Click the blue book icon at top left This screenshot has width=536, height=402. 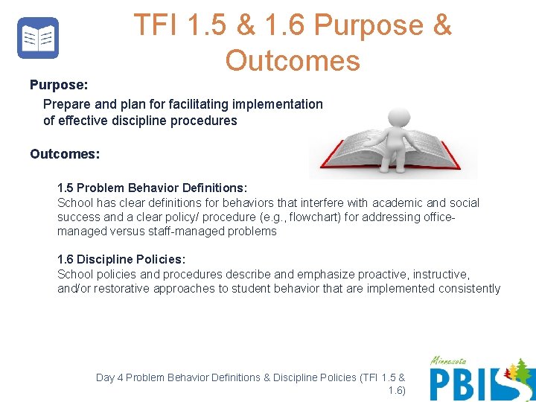click(x=38, y=38)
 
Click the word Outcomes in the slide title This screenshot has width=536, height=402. click(x=293, y=60)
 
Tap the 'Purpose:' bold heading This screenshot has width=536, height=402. click(x=59, y=86)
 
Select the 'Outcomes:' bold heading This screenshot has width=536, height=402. click(x=65, y=154)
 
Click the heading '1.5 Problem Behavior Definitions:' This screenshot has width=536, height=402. click(x=153, y=188)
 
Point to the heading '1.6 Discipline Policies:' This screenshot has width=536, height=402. click(x=121, y=259)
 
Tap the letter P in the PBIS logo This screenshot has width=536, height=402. click(x=442, y=384)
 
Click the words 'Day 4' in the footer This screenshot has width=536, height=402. click(x=109, y=377)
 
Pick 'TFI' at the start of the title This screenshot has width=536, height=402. click(x=155, y=25)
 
